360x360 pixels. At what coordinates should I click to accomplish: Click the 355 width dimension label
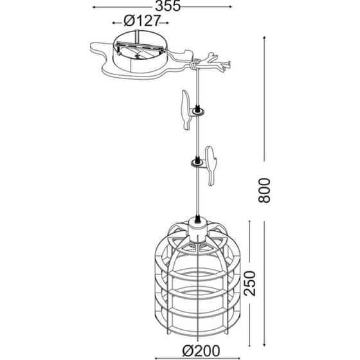[168, 6]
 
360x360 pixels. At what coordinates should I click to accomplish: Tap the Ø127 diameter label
[141, 21]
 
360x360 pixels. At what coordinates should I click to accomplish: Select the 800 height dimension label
[264, 190]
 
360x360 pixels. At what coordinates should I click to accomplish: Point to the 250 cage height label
[249, 283]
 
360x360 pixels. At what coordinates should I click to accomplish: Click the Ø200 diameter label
[201, 351]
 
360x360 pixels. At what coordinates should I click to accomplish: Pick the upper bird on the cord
[186, 110]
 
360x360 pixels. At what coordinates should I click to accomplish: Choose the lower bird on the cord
[212, 165]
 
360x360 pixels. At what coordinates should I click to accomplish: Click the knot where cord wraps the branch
[195, 64]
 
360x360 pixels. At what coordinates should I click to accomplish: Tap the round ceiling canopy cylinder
[140, 51]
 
